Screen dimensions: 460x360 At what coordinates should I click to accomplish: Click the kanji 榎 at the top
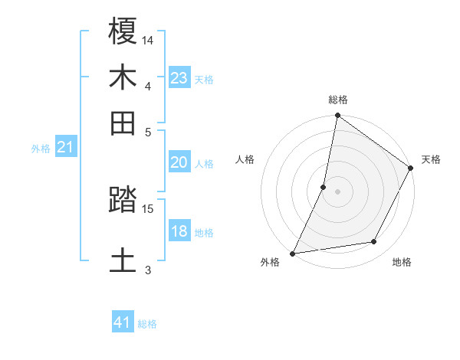tap(123, 31)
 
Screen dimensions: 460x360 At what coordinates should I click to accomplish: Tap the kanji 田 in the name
tap(123, 123)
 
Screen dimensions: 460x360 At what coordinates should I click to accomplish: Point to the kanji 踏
tap(123, 201)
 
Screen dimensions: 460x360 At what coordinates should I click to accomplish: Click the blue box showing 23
tap(179, 78)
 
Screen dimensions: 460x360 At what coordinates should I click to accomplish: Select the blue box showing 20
tap(179, 162)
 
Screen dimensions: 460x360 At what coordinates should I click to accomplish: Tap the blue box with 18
tap(179, 231)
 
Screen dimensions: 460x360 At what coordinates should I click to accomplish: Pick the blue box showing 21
tap(64, 147)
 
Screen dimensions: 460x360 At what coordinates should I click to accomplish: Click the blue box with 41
tap(123, 322)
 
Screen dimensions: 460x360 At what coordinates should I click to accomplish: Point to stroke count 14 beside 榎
tap(148, 39)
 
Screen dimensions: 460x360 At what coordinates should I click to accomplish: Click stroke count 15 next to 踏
tap(148, 208)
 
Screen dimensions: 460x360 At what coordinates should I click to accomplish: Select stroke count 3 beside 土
tap(148, 269)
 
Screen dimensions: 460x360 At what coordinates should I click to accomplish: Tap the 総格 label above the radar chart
tap(338, 100)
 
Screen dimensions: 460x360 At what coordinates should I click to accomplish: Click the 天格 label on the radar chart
tap(431, 160)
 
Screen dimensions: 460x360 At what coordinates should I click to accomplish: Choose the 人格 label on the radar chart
tap(245, 160)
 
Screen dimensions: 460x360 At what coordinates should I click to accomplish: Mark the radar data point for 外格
tap(292, 253)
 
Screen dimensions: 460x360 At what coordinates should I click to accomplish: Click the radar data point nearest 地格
tap(374, 242)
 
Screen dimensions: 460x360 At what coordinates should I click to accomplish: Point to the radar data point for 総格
tap(337, 116)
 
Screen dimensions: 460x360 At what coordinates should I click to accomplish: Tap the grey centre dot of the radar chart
tap(337, 191)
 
